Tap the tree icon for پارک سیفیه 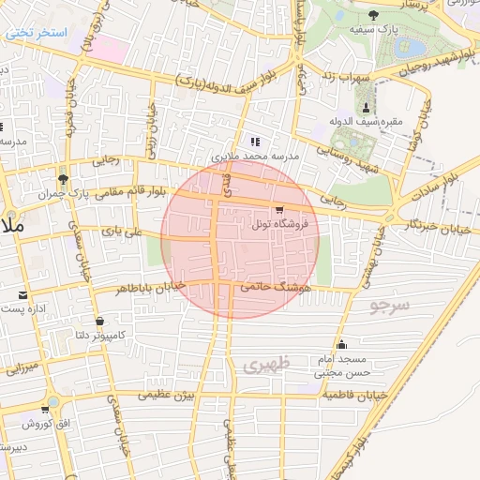pyautogui.click(x=374, y=14)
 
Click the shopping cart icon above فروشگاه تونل pyautogui.click(x=278, y=210)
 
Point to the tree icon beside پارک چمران pyautogui.click(x=63, y=177)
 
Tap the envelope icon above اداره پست pyautogui.click(x=22, y=294)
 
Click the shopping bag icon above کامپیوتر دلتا pyautogui.click(x=98, y=321)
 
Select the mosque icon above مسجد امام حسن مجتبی pyautogui.click(x=341, y=344)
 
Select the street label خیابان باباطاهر pyautogui.click(x=150, y=286)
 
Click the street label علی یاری pyautogui.click(x=125, y=227)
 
